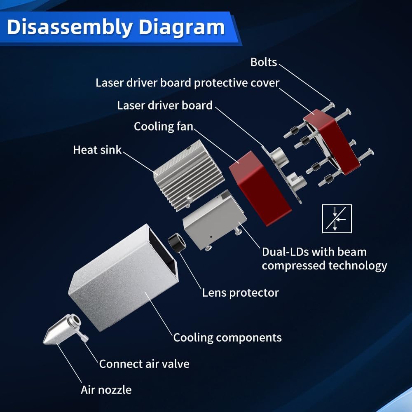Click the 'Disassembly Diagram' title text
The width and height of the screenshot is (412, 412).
(116, 27)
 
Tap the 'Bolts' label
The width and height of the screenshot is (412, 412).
(264, 62)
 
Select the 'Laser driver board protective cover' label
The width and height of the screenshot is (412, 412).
(187, 83)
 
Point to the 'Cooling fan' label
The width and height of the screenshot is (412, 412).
(164, 126)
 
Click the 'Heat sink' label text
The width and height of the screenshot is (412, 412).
(97, 150)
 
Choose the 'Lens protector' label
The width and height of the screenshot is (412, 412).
(241, 293)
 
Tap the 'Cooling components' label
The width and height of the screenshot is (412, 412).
(227, 338)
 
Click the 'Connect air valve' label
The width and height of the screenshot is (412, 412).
(144, 364)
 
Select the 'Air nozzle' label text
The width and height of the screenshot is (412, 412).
(106, 390)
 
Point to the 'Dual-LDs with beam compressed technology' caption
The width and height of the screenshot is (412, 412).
(325, 259)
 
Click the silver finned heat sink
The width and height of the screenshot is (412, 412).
(188, 175)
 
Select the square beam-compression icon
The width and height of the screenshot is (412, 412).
(337, 219)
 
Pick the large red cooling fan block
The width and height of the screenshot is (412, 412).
(260, 188)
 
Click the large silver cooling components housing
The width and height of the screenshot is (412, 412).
(124, 277)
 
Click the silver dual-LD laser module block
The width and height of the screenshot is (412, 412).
(215, 220)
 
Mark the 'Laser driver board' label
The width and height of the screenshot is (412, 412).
(165, 105)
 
